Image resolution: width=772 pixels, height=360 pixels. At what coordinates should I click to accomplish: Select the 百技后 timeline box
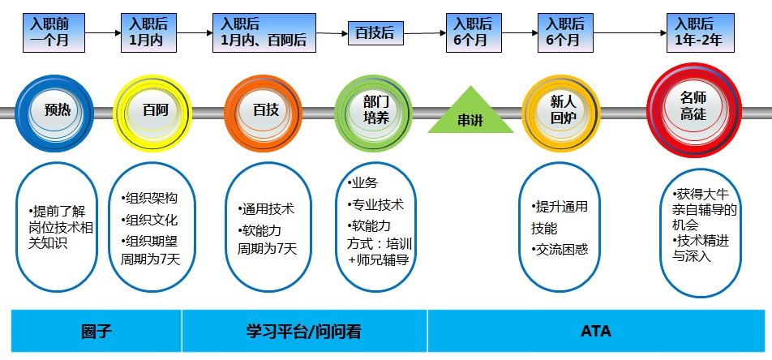[375, 33]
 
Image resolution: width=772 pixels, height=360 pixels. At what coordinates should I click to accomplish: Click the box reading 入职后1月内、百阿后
[264, 32]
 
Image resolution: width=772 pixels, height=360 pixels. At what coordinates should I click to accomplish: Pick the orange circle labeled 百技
[265, 110]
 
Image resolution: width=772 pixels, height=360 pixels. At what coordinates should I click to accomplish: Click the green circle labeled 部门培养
[375, 110]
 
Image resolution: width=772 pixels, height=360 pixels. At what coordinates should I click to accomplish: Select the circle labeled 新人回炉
[563, 110]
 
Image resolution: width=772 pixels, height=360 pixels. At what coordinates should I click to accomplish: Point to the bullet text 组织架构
[149, 199]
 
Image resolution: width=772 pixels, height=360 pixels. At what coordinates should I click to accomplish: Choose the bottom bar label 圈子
[96, 332]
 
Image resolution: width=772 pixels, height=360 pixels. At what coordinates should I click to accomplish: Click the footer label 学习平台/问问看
[304, 332]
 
